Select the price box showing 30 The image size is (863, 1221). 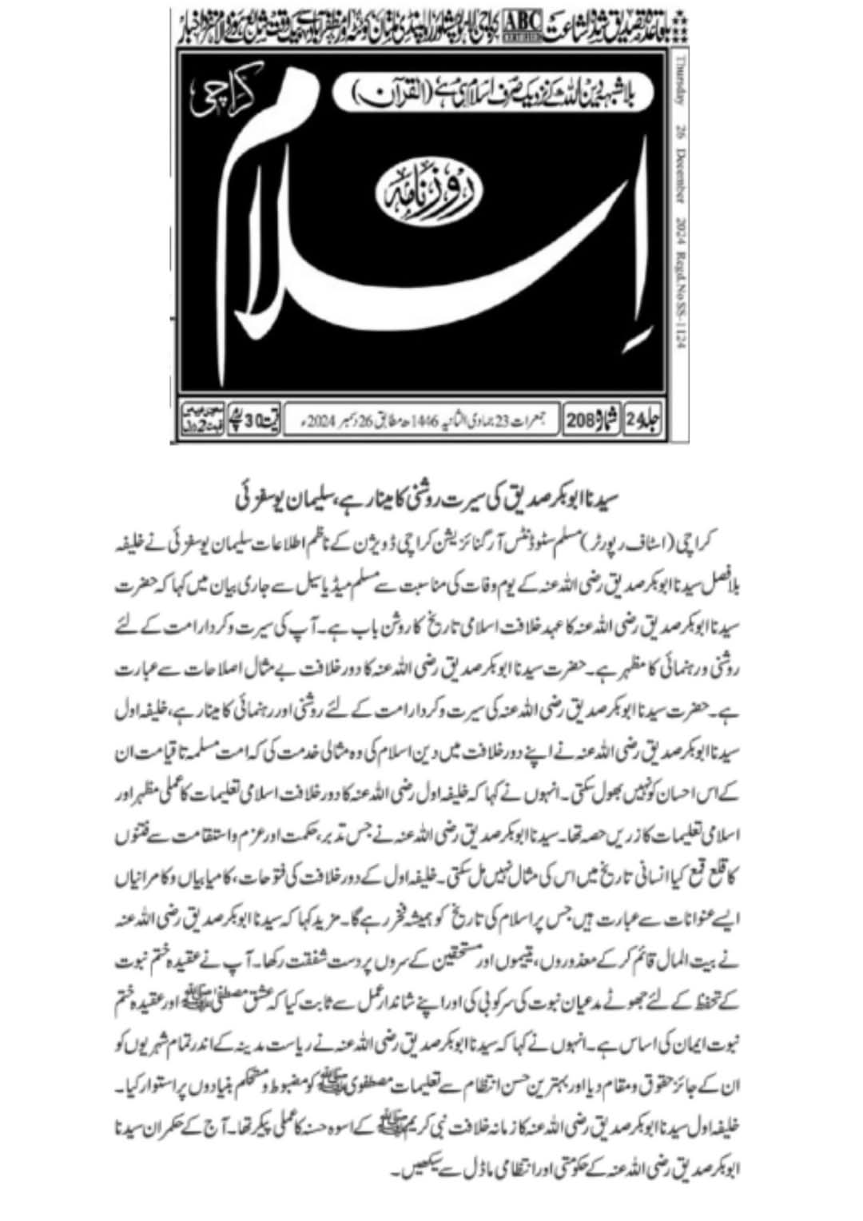(252, 417)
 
